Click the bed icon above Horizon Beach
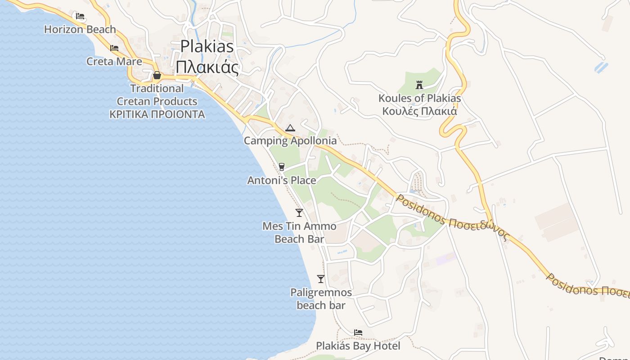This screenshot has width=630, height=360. click(80, 16)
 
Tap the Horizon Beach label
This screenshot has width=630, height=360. click(80, 30)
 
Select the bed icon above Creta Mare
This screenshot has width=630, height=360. click(114, 48)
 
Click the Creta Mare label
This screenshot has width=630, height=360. click(114, 61)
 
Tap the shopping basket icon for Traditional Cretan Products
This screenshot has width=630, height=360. click(157, 75)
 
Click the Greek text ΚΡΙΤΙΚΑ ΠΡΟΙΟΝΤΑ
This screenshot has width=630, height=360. click(157, 114)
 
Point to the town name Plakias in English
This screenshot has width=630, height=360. click(207, 46)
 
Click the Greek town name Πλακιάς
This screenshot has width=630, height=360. click(207, 67)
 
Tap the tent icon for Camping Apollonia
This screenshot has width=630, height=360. click(290, 128)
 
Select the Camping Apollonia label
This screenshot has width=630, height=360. click(290, 141)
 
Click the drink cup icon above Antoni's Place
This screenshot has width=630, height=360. click(282, 167)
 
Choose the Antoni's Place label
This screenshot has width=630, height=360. click(282, 180)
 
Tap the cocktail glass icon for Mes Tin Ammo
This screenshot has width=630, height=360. click(299, 212)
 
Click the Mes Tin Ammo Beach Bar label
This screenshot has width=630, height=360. click(299, 232)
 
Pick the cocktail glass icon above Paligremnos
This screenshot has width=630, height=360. click(321, 279)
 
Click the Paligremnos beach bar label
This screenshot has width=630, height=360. click(321, 299)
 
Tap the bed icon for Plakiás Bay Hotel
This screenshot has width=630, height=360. click(358, 333)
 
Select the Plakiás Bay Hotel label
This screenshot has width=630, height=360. click(358, 346)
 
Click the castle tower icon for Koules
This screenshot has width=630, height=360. click(419, 85)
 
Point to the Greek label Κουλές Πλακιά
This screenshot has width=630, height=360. click(419, 111)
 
